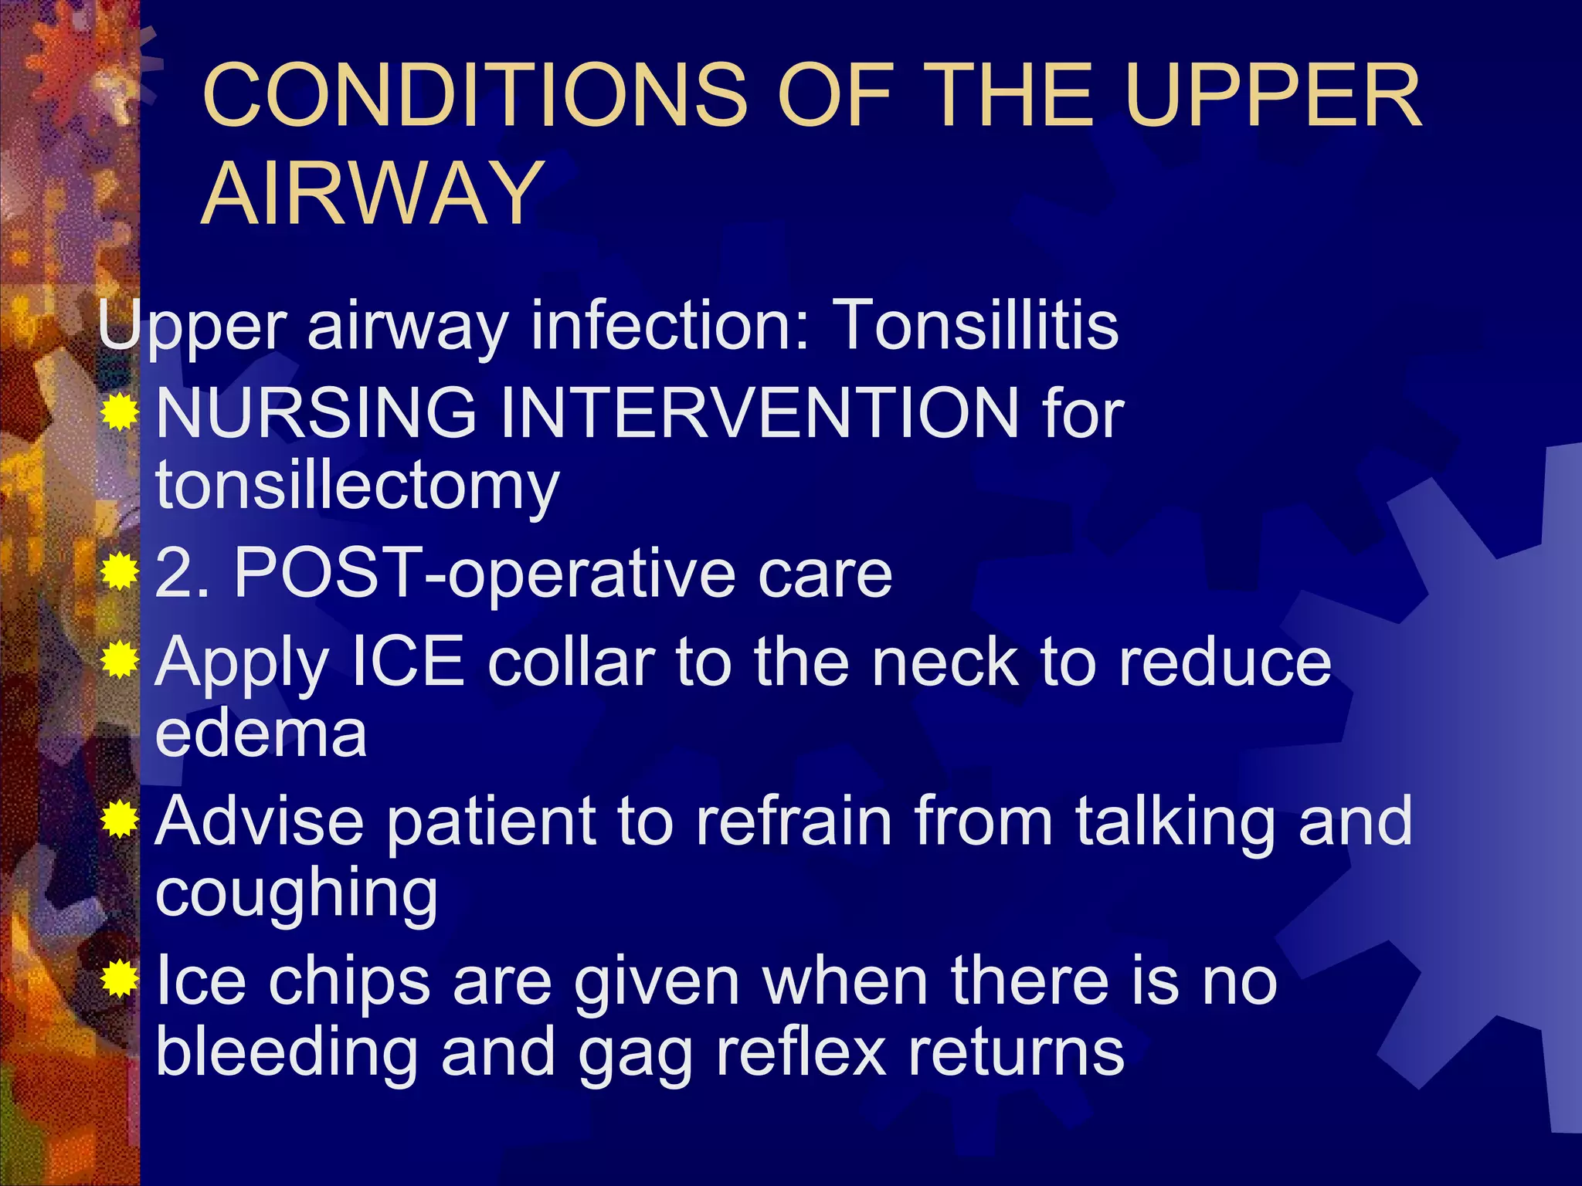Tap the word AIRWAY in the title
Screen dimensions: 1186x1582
pyautogui.click(x=372, y=192)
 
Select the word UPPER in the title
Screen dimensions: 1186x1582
pyautogui.click(x=1272, y=96)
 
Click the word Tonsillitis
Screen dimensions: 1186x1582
pyautogui.click(x=975, y=325)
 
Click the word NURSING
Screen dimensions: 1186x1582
pyautogui.click(x=317, y=413)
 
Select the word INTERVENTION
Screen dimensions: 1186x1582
pyautogui.click(x=759, y=413)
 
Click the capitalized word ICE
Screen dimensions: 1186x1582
pyautogui.click(x=407, y=662)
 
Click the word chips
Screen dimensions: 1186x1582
pyautogui.click(x=348, y=982)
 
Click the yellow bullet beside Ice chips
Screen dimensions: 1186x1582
pyautogui.click(x=120, y=979)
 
